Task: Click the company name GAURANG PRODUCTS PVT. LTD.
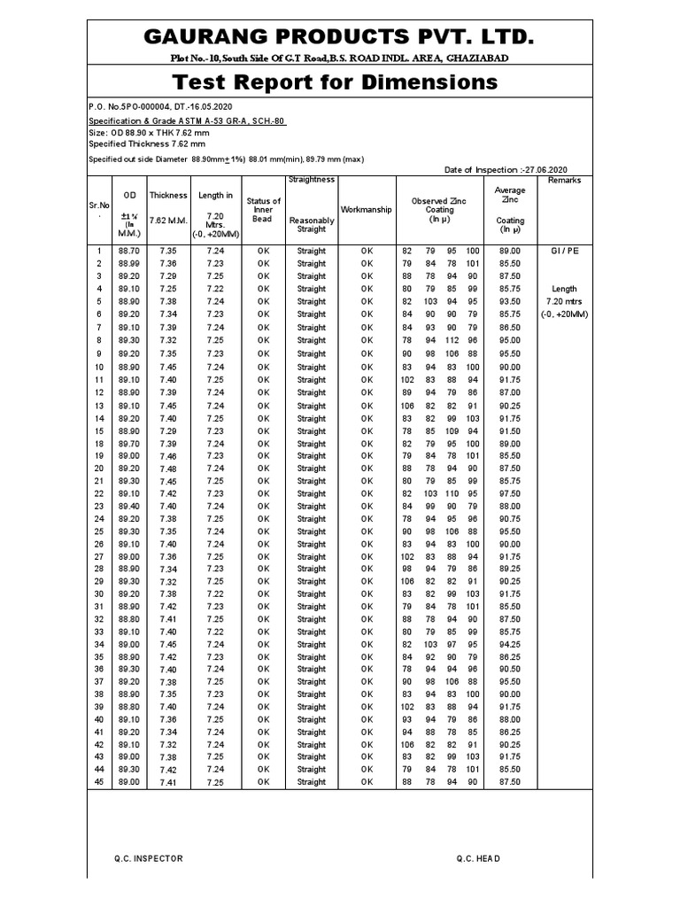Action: [x=340, y=37]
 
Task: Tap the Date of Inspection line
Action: [x=505, y=169]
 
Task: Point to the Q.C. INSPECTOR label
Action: [x=148, y=858]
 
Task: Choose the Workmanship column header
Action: [x=367, y=210]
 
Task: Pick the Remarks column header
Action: [x=564, y=180]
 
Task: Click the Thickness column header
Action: [x=167, y=195]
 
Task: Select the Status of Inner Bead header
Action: [x=263, y=210]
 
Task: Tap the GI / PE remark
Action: [x=564, y=251]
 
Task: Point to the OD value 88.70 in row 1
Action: [x=129, y=251]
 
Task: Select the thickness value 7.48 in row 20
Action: [x=167, y=469]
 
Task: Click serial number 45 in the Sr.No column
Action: [x=99, y=782]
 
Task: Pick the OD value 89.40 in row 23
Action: [x=129, y=506]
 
